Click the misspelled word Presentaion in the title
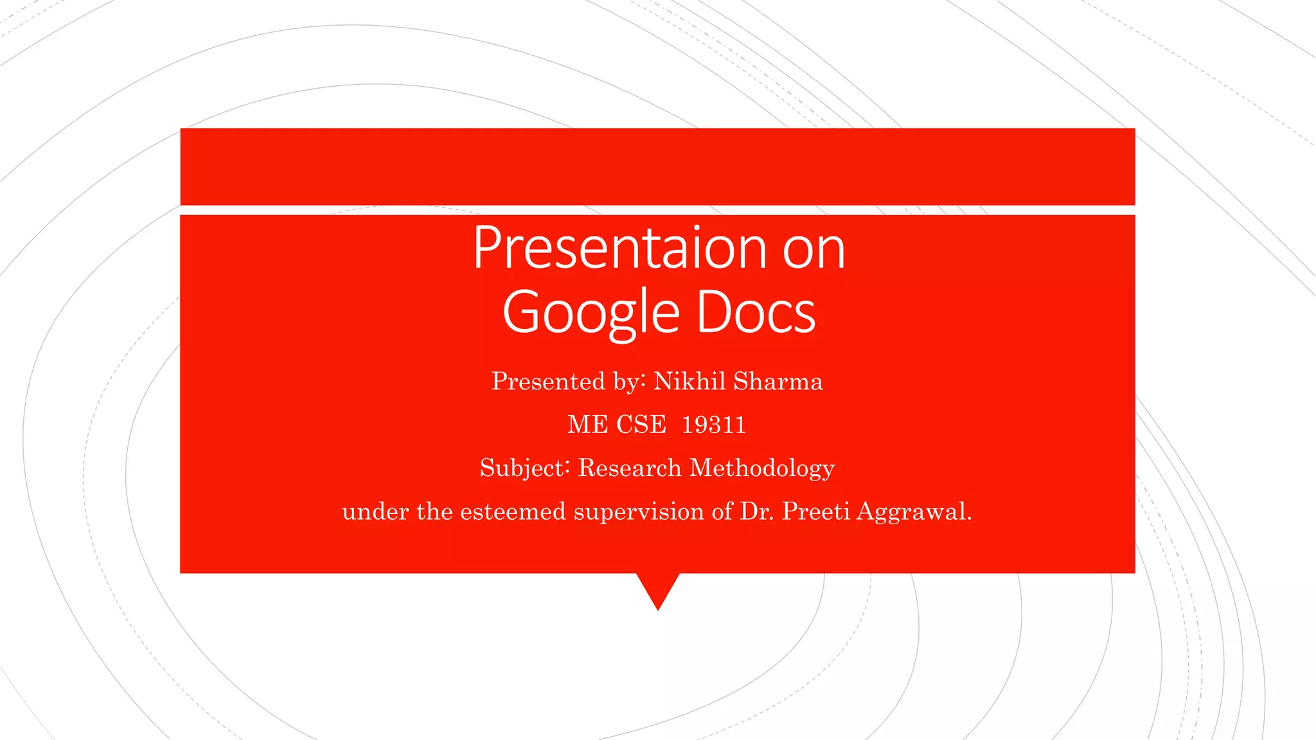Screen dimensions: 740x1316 click(619, 248)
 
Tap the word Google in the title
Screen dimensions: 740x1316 click(591, 313)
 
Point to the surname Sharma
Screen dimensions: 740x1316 click(778, 382)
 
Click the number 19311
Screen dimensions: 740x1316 click(713, 425)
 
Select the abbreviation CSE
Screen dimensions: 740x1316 click(641, 425)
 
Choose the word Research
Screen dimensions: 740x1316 click(629, 468)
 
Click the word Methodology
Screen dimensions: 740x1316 click(762, 468)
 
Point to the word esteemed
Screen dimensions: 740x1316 click(513, 511)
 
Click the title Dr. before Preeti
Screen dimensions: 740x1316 click(757, 511)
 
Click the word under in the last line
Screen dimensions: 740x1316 click(375, 512)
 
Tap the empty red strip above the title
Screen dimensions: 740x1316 click(657, 166)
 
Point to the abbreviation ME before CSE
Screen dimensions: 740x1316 click(587, 425)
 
